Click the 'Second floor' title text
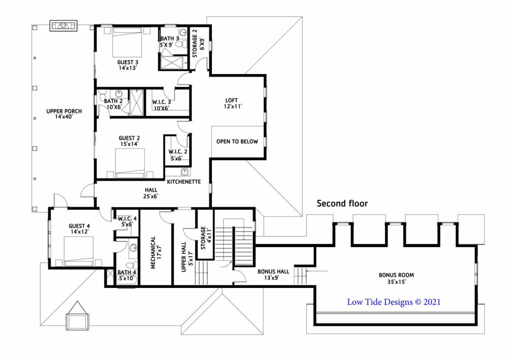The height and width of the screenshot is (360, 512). click(342, 203)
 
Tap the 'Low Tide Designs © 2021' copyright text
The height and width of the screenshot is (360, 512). click(393, 302)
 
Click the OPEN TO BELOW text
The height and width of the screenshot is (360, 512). click(237, 141)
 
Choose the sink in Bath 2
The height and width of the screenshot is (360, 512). click(118, 94)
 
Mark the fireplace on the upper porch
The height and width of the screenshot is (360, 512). click(63, 25)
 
